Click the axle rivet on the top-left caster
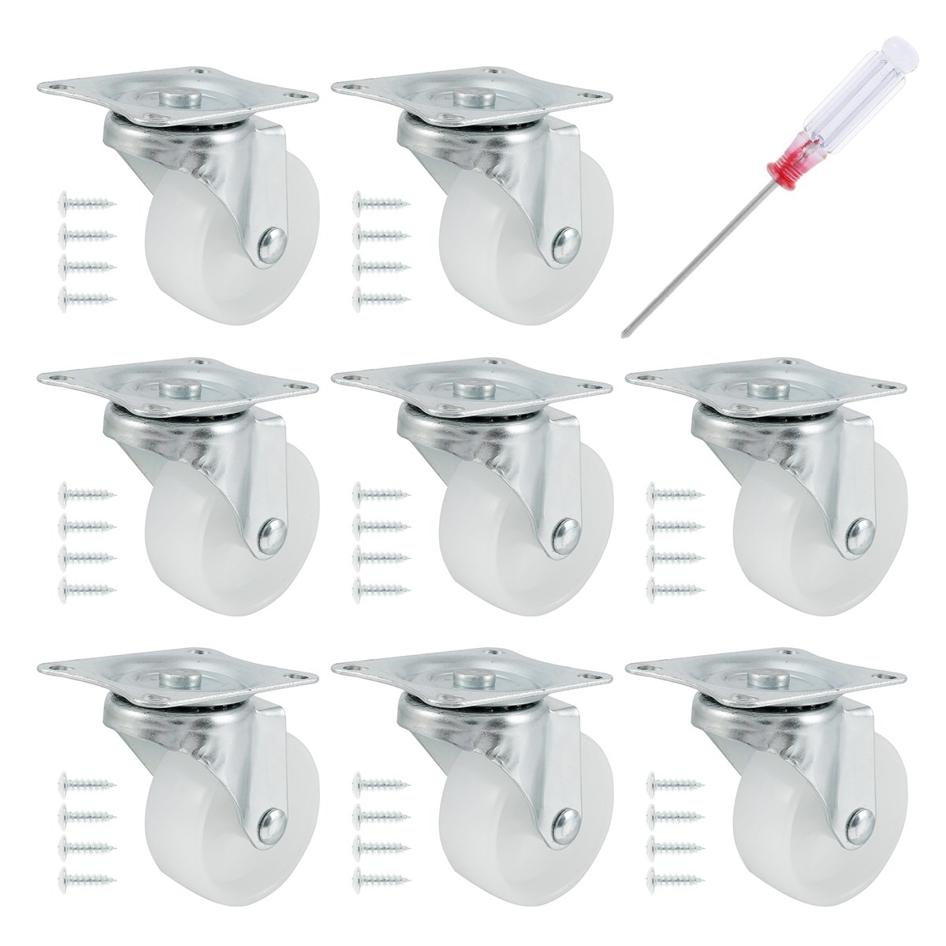click(x=272, y=240)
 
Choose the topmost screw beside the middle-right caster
click(x=673, y=495)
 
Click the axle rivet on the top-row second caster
click(x=567, y=240)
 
